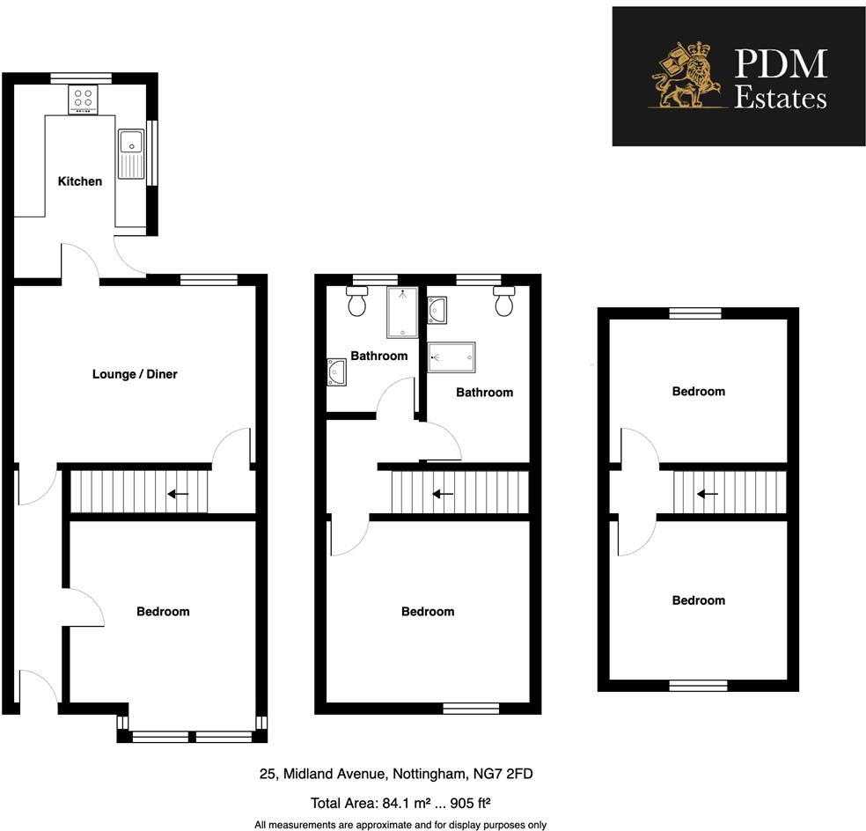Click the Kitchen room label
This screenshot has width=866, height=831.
pos(80,181)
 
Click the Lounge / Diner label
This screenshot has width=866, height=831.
pos(135,374)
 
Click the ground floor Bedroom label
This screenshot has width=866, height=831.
pos(163,611)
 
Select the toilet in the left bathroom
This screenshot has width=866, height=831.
pos(357,301)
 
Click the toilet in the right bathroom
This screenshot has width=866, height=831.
pos(504,301)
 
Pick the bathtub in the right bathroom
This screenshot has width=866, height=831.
pos(451,357)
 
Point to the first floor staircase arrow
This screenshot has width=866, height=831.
pos(443,494)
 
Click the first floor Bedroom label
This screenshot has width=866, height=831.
pos(428,611)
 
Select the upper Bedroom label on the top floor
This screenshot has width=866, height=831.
pos(699,391)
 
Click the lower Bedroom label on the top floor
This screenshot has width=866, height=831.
pos(699,600)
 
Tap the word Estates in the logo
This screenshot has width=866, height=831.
pos(781,97)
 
